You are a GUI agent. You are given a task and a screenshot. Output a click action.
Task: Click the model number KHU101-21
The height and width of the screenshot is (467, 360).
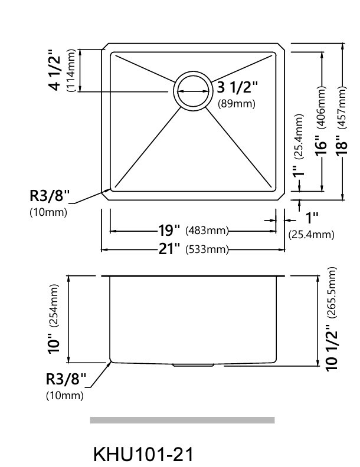tap(143, 454)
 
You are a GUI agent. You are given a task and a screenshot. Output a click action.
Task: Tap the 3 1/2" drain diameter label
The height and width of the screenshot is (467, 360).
tap(237, 87)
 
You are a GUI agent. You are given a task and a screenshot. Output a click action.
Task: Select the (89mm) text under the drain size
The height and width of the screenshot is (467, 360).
tap(237, 104)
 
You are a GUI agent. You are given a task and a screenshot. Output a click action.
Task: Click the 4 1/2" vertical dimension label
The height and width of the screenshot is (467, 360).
tap(54, 70)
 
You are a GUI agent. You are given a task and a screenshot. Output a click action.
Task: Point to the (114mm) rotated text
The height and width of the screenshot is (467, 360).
tap(71, 70)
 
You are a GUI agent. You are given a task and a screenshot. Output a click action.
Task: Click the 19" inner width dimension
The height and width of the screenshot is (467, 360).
tap(169, 230)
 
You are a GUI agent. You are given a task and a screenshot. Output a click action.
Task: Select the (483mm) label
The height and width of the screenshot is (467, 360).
tap(207, 231)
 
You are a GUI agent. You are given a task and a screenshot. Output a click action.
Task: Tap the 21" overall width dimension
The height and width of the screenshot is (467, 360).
tap(169, 249)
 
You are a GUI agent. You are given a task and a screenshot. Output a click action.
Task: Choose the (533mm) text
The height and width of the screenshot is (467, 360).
tap(207, 249)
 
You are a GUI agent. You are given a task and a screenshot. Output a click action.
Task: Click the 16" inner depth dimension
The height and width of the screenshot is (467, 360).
tap(321, 145)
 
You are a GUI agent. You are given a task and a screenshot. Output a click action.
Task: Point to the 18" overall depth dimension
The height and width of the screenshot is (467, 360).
tap(342, 145)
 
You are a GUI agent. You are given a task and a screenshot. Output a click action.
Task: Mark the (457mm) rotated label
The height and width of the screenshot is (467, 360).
tap(342, 107)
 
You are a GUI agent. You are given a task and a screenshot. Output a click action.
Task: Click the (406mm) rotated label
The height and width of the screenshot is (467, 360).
tap(322, 107)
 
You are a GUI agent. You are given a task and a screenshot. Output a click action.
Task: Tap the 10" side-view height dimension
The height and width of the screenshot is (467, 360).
tap(54, 343)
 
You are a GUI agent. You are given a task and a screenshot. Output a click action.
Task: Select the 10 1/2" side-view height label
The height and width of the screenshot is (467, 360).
tap(332, 347)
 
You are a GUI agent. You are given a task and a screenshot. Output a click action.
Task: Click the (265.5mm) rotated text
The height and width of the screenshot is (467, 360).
tap(332, 292)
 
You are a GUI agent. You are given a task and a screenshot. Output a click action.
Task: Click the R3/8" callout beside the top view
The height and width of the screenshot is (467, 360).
tap(50, 196)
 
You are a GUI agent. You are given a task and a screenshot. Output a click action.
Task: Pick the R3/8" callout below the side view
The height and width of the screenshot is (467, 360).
tap(66, 379)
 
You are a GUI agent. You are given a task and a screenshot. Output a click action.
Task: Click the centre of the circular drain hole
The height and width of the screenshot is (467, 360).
tap(193, 91)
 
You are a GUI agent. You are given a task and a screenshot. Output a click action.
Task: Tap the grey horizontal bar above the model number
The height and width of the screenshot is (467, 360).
tap(182, 420)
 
